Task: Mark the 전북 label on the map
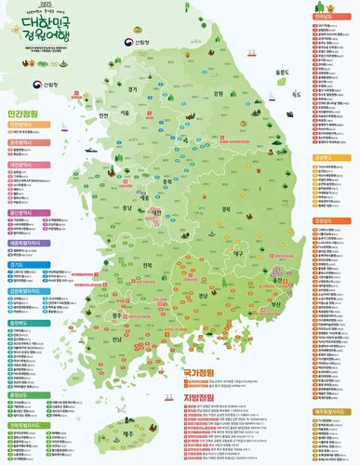click(x=146, y=265)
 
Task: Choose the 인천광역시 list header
click(x=22, y=123)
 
